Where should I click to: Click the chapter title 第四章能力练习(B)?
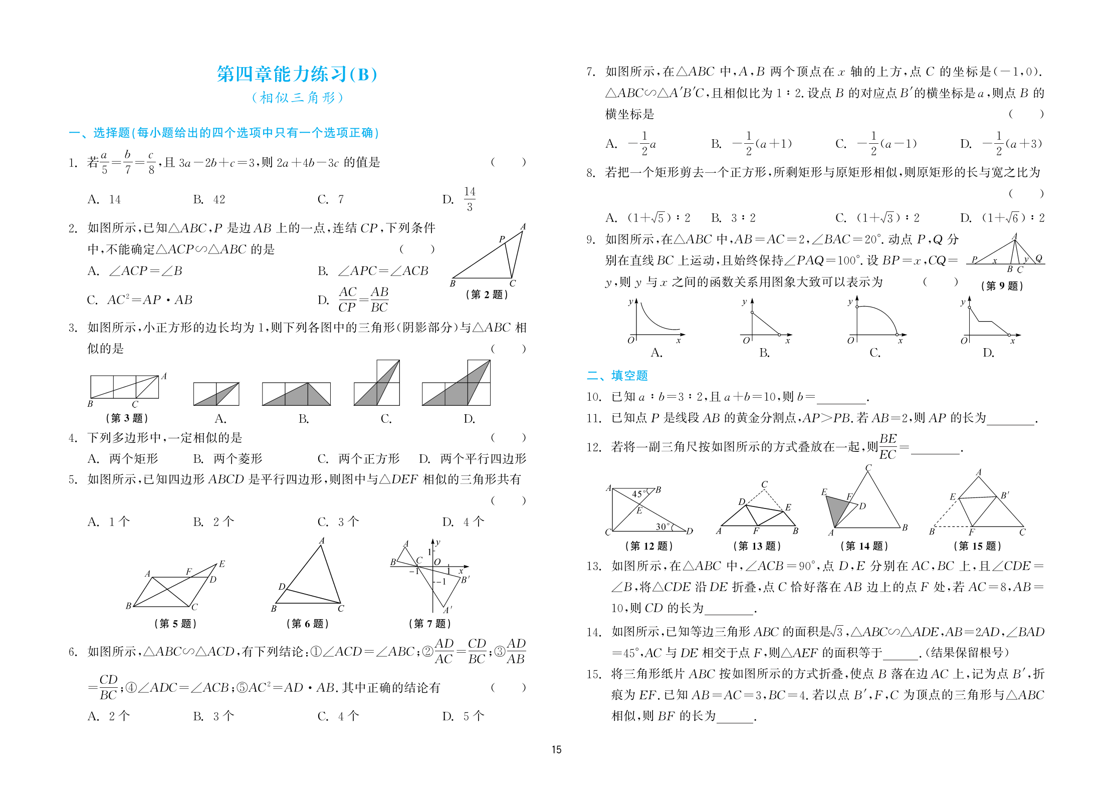[297, 74]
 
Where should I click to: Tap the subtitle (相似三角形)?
[297, 97]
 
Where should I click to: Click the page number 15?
[556, 749]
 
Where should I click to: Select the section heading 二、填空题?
[617, 375]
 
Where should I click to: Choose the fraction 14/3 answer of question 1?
[469, 199]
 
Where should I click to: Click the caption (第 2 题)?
[487, 295]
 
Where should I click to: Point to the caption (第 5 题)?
[175, 623]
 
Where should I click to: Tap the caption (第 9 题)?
[1002, 286]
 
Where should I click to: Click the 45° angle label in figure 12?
[638, 494]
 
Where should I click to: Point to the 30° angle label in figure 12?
[662, 527]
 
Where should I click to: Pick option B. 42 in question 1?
[209, 199]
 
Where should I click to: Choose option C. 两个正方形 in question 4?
[358, 458]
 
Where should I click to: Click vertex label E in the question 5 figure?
[222, 564]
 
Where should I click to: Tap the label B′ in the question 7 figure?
[465, 580]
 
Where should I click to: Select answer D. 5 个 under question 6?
[463, 716]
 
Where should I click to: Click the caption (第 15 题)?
[977, 546]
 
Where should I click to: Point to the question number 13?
[593, 566]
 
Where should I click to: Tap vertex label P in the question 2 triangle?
[502, 239]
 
